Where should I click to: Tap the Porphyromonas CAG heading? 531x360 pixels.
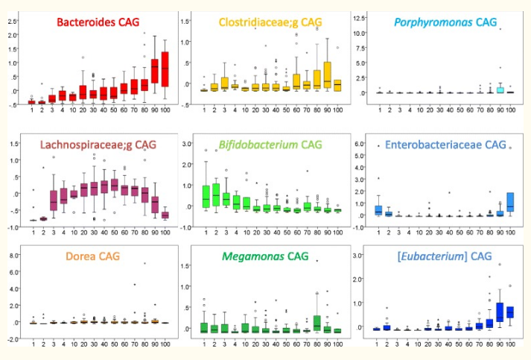pyautogui.click(x=445, y=23)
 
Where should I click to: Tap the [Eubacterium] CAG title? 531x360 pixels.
pyautogui.click(x=445, y=256)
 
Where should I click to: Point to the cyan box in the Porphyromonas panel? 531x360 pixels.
pyautogui.click(x=500, y=90)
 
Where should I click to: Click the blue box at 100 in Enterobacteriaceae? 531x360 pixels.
pyautogui.click(x=510, y=201)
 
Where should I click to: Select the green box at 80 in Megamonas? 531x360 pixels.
pyautogui.click(x=317, y=323)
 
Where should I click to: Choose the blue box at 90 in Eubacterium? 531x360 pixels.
pyautogui.click(x=500, y=312)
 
